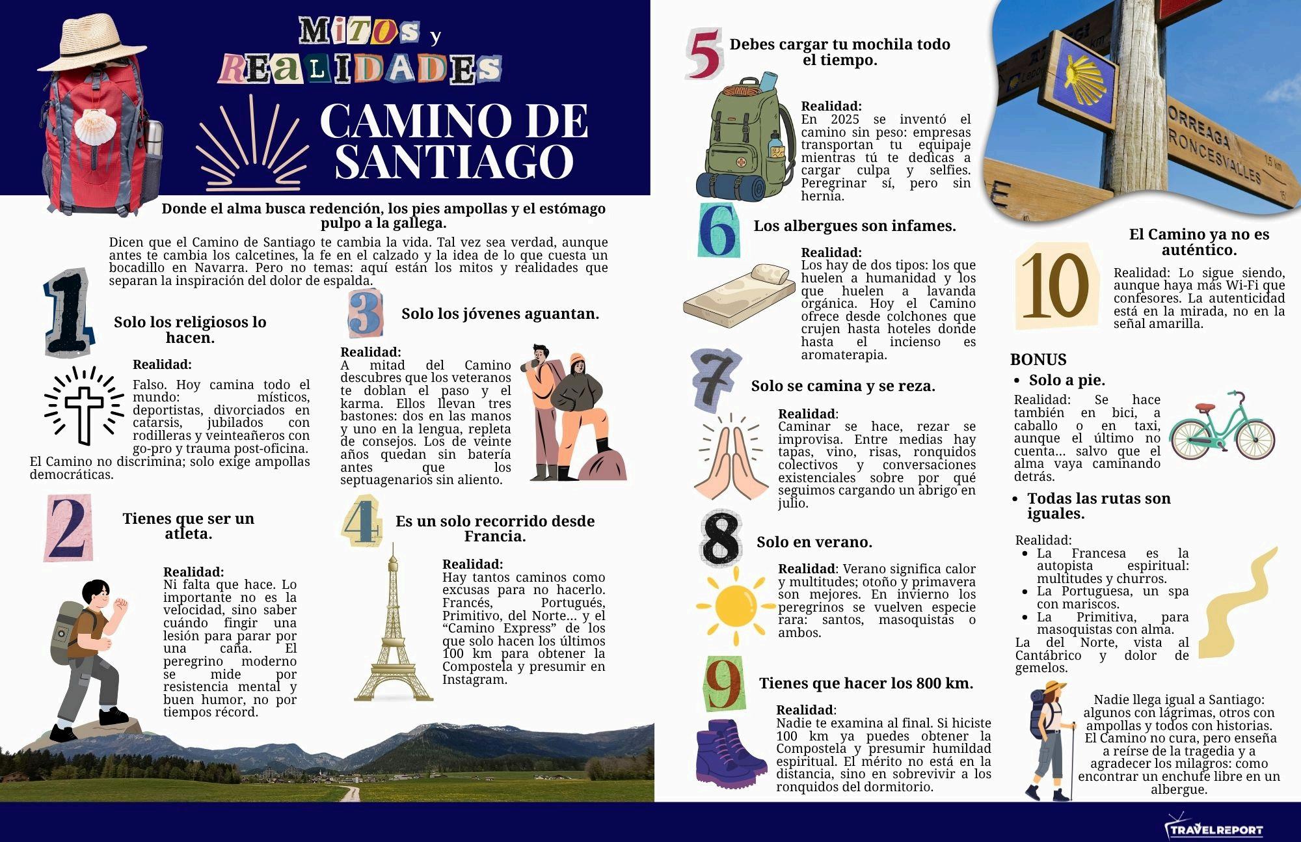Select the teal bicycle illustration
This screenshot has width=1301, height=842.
coord(1222,427)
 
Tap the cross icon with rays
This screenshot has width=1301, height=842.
coord(84,406)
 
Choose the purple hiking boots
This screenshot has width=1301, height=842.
coord(729,752)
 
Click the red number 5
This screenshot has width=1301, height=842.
coord(704,54)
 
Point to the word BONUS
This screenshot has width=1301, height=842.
coord(1038,359)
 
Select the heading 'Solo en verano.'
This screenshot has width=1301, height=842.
coord(814,542)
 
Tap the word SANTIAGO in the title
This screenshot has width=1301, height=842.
coord(454,161)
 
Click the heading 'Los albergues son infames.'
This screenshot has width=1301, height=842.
coord(855,226)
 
